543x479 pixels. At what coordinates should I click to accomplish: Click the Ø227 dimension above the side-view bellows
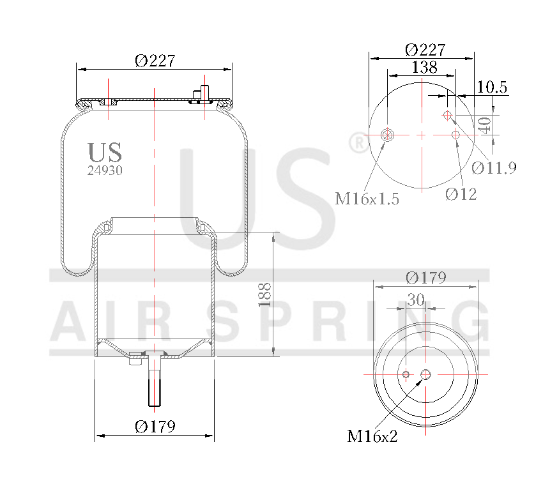(x=155, y=61)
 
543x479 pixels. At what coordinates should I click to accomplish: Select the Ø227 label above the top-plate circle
(x=425, y=50)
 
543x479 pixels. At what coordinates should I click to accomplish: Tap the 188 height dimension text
(x=265, y=295)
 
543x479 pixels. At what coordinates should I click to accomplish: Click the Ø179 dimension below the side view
(x=155, y=427)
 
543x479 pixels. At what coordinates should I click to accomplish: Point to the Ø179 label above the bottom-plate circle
(x=426, y=278)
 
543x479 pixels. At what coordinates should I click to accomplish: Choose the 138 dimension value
(x=424, y=67)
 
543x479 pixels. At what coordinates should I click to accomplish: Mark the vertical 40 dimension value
(x=485, y=125)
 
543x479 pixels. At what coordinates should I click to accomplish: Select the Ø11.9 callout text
(x=494, y=168)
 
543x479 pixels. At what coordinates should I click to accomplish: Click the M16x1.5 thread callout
(x=367, y=199)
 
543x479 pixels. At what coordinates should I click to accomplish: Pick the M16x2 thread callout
(x=372, y=437)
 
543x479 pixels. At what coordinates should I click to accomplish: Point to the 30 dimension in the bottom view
(x=416, y=299)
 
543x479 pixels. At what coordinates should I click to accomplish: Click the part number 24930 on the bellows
(x=105, y=171)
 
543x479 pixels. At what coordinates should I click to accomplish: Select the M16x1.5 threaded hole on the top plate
(x=387, y=135)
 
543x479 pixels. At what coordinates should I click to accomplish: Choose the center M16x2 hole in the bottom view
(x=426, y=374)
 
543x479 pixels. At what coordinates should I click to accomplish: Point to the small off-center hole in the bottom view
(x=406, y=374)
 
